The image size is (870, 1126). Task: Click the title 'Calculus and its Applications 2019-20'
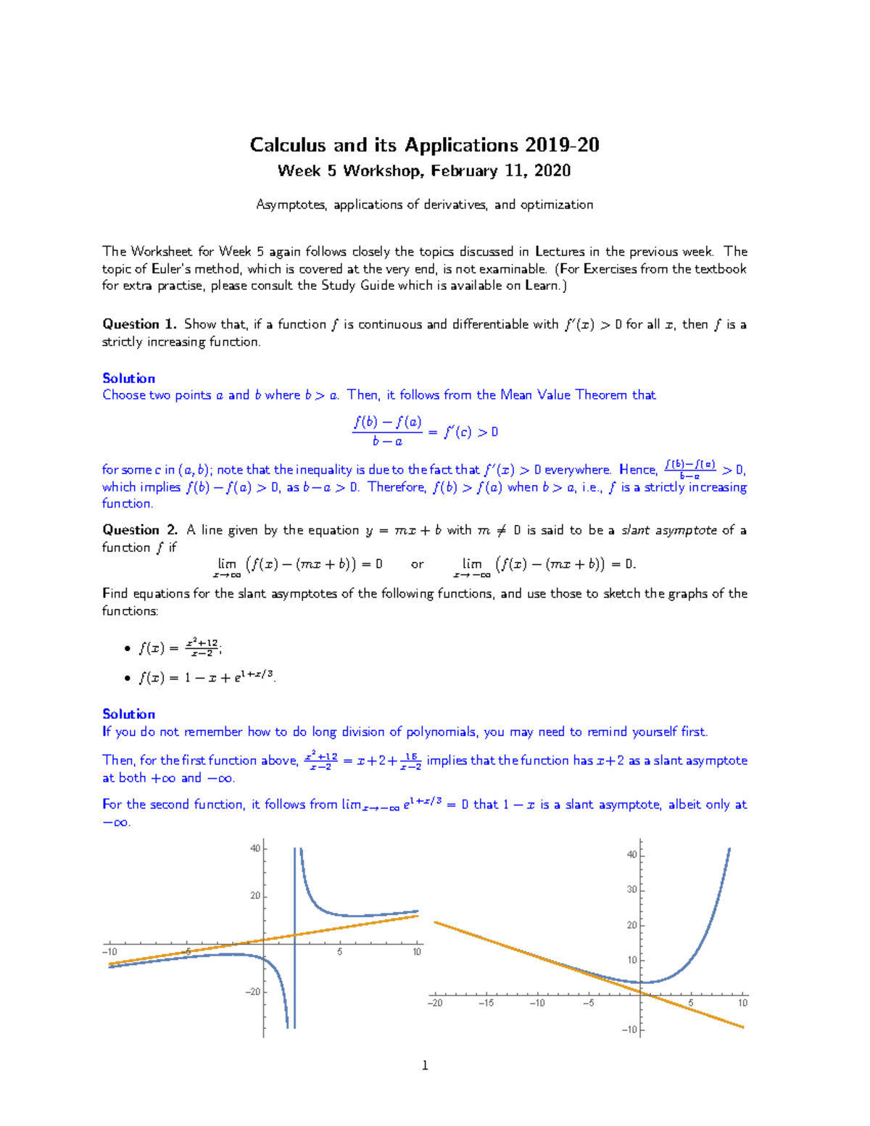pyautogui.click(x=424, y=145)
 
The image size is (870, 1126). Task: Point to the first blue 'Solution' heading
pyautogui.click(x=128, y=378)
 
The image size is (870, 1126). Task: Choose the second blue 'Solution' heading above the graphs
pyautogui.click(x=128, y=714)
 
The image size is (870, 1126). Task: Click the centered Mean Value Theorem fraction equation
pyautogui.click(x=425, y=431)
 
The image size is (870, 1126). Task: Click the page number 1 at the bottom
pyautogui.click(x=425, y=1065)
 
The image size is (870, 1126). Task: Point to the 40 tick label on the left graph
pyautogui.click(x=255, y=848)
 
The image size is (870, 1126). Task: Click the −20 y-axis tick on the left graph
pyautogui.click(x=252, y=992)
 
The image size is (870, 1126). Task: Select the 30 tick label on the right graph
pyautogui.click(x=631, y=890)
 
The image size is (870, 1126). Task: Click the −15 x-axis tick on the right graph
pyautogui.click(x=486, y=1003)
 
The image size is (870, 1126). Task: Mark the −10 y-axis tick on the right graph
pyautogui.click(x=629, y=1030)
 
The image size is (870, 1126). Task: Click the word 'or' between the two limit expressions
pyautogui.click(x=417, y=564)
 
